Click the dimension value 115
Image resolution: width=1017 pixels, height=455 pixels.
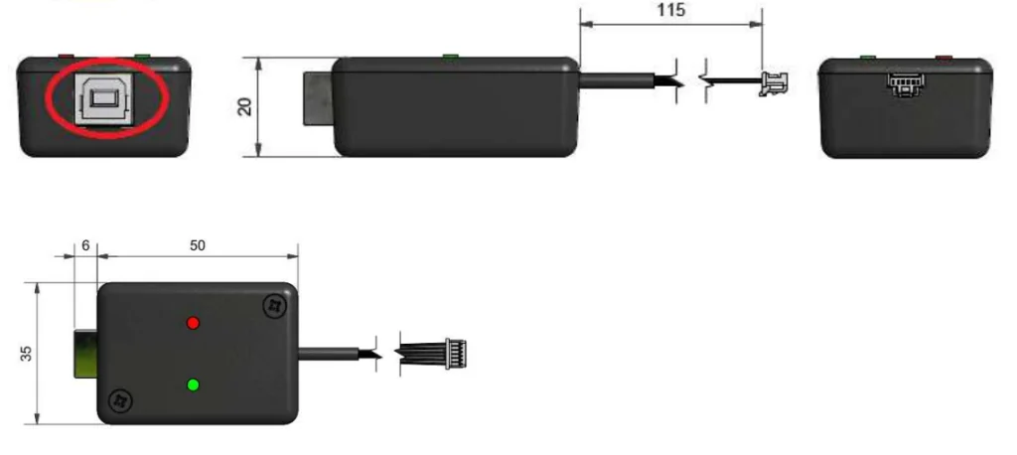tap(670, 10)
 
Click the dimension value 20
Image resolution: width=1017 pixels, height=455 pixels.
tap(244, 106)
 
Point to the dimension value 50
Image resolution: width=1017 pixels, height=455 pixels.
tap(198, 245)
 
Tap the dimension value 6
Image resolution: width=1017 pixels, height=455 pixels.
tap(85, 245)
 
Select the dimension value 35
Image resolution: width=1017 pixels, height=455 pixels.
tap(26, 353)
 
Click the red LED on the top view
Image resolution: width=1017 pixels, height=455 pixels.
tap(193, 323)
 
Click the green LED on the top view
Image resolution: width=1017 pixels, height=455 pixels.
tap(193, 384)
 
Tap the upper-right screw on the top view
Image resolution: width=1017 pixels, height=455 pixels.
tap(274, 305)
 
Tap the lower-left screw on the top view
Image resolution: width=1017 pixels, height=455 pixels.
tap(119, 401)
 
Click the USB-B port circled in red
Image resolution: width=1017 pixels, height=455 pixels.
tap(105, 98)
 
